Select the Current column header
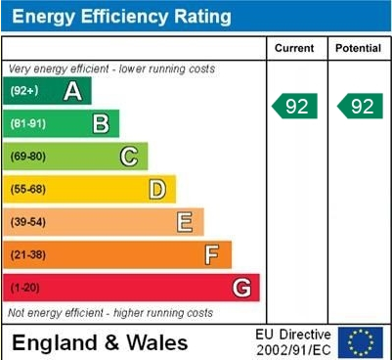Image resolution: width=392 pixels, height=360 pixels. (x=294, y=48)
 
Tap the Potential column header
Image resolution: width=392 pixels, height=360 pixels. (x=358, y=48)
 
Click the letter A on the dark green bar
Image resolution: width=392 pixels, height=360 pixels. (x=72, y=91)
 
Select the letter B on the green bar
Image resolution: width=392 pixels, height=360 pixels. (x=100, y=123)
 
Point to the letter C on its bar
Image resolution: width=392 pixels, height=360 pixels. (x=128, y=157)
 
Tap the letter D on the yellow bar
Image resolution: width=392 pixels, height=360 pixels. (x=156, y=189)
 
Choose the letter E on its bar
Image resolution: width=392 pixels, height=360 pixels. (x=184, y=222)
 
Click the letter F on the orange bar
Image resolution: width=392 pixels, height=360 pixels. (x=212, y=255)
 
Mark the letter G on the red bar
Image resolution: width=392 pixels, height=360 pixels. (x=240, y=288)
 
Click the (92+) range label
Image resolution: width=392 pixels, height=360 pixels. (x=24, y=91)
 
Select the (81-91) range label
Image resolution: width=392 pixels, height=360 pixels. (x=29, y=124)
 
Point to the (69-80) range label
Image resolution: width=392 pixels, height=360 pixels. (x=29, y=157)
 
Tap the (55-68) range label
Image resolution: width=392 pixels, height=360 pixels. (x=29, y=190)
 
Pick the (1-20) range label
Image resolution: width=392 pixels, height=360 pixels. (x=26, y=289)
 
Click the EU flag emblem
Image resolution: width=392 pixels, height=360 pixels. (x=361, y=341)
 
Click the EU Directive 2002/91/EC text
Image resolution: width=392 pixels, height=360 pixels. (x=293, y=342)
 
